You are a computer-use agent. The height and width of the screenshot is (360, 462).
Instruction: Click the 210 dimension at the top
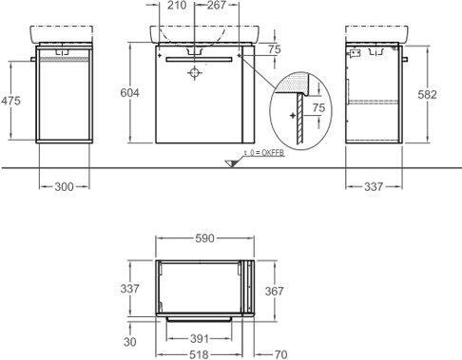tap(177, 5)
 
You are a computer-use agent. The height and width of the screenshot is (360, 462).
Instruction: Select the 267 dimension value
tap(217, 5)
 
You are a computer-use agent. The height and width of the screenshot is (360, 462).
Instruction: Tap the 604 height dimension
tap(129, 93)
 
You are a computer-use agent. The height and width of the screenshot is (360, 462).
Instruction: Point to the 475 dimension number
tap(10, 101)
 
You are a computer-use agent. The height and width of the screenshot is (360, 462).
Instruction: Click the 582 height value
tap(427, 95)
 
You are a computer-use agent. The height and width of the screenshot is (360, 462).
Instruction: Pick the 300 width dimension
tap(64, 187)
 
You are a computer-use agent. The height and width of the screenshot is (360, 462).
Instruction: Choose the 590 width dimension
tap(204, 238)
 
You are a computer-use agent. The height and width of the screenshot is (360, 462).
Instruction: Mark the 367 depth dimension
tap(274, 291)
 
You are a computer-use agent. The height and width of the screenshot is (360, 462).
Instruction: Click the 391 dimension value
tap(200, 339)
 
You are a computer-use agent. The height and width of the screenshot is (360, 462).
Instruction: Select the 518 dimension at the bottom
tap(201, 354)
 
